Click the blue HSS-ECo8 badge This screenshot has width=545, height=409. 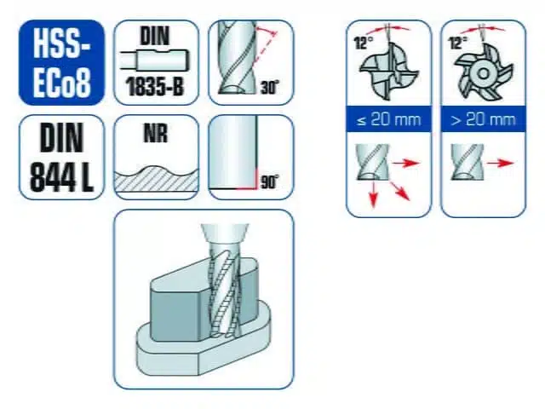tap(61, 62)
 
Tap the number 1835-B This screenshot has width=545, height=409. tap(155, 86)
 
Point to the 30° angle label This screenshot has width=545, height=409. tap(269, 87)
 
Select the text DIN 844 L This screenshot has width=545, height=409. tap(61, 158)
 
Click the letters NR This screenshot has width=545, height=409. tap(155, 133)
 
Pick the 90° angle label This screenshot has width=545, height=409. tap(269, 181)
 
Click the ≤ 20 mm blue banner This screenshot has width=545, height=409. tap(389, 119)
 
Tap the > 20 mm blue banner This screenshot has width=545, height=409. tap(483, 119)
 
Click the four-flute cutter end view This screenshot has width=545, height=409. tap(389, 72)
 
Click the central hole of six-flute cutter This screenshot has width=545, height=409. tap(483, 73)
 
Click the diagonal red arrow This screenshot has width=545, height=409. tap(399, 190)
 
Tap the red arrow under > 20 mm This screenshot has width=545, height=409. tap(500, 163)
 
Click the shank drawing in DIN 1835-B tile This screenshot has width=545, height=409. tap(155, 60)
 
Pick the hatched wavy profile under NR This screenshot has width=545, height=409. tap(157, 179)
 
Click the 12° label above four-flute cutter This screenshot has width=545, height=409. tap(364, 43)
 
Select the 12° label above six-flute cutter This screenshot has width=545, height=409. tap(458, 43)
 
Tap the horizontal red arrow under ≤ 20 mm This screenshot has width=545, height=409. tap(406, 163)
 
